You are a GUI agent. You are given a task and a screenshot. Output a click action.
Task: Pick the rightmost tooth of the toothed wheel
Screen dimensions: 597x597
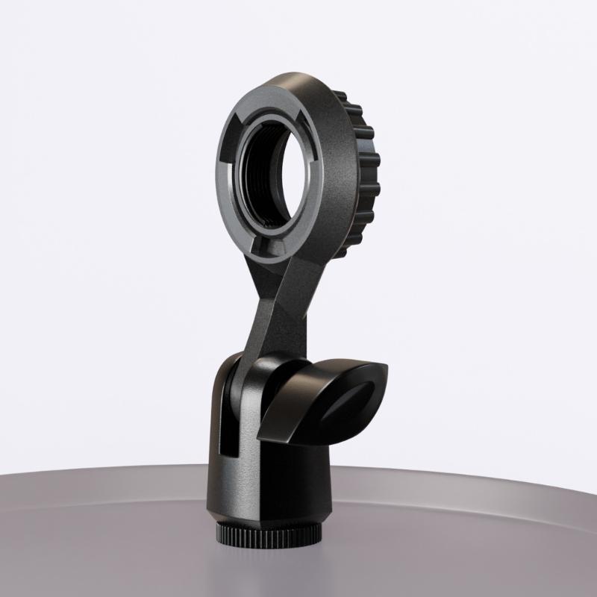(x=377, y=160)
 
